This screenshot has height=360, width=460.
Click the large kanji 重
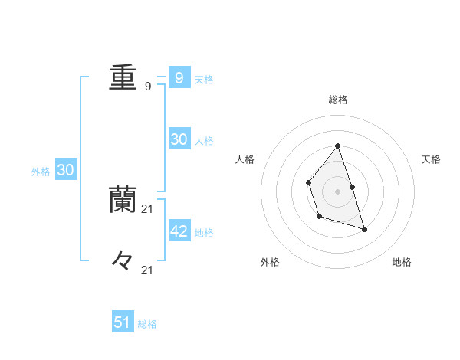[123, 77]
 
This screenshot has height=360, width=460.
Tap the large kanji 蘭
[123, 198]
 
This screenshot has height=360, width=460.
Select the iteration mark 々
[123, 260]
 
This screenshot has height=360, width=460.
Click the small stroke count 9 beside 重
[148, 87]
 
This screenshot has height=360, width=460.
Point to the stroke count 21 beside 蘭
[148, 208]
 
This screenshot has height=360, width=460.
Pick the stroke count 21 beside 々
[148, 270]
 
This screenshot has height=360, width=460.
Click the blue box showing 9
[179, 77]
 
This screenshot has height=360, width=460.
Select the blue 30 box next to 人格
[179, 139]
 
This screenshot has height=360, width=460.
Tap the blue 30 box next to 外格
[65, 170]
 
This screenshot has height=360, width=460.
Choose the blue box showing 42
[179, 231]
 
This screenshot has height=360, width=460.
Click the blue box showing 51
[123, 322]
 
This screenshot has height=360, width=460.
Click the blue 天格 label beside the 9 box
[204, 79]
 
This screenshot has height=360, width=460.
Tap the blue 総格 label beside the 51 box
[147, 324]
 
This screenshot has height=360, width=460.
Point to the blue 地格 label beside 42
[204, 232]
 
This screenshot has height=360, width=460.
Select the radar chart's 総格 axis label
[337, 100]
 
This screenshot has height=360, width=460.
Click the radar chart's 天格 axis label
[432, 159]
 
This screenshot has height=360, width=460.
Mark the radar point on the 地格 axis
[364, 229]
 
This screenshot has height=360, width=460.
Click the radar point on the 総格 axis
[337, 146]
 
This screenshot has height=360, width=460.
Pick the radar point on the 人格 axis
[308, 182]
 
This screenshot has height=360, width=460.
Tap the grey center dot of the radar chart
[337, 191]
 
